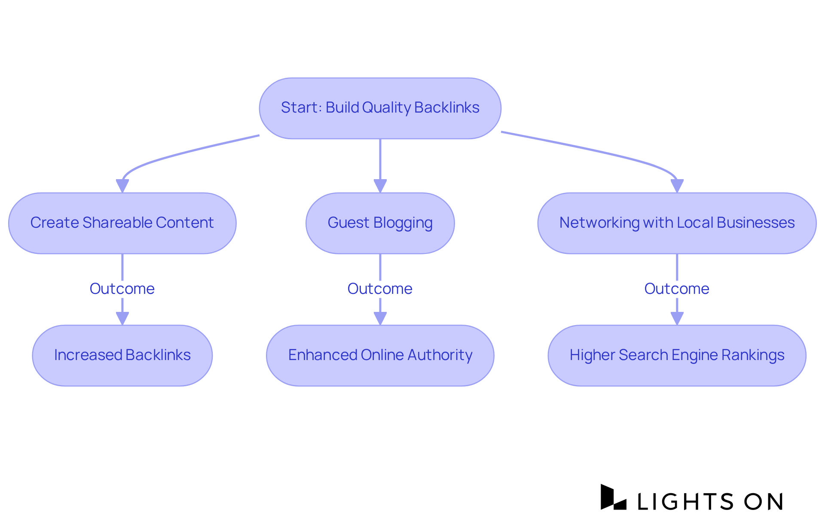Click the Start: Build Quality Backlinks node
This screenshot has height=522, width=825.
[380, 108]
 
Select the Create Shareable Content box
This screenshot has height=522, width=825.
[122, 223]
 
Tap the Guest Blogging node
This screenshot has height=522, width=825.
[380, 223]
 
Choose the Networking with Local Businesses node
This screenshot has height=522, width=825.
[677, 223]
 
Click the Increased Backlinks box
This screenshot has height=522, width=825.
[122, 355]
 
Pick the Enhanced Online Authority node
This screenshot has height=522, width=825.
[380, 355]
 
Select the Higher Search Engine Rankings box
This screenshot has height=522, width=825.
[677, 355]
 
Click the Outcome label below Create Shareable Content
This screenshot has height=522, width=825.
[122, 289]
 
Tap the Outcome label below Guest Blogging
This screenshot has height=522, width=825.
[380, 289]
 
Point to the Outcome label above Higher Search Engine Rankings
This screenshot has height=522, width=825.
[677, 289]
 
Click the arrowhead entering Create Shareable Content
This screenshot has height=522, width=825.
[122, 186]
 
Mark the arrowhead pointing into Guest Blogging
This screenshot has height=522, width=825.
[380, 186]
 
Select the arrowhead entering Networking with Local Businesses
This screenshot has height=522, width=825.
[677, 186]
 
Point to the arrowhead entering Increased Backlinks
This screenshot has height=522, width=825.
[122, 318]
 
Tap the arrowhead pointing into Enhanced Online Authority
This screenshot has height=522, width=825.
[380, 318]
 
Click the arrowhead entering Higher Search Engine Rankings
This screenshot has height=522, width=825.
[677, 318]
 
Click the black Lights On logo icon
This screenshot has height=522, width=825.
[613, 498]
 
